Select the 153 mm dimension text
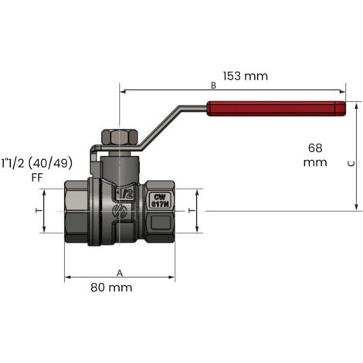click(244, 76)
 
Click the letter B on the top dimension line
click(212, 86)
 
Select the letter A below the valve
click(119, 273)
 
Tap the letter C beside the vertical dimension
click(349, 164)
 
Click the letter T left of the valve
click(37, 210)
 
